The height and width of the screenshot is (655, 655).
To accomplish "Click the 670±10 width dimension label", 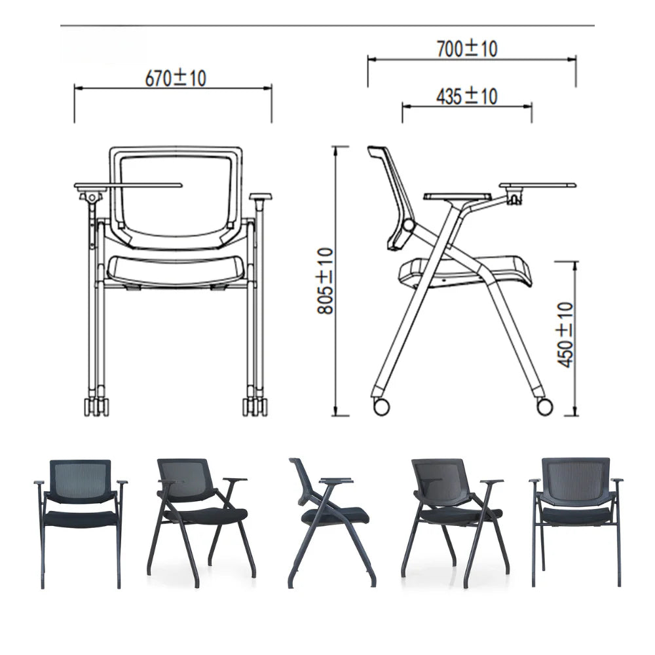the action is (176, 78).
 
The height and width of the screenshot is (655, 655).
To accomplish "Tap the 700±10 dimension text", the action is (467, 48).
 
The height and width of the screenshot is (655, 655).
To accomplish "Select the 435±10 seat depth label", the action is (467, 96).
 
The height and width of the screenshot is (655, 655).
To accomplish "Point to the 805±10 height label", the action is (326, 281).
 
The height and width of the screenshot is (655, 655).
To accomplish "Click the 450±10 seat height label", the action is (566, 335).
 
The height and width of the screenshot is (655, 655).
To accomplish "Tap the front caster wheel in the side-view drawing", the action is (544, 407).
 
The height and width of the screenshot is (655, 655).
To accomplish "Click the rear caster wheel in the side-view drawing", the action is (381, 407).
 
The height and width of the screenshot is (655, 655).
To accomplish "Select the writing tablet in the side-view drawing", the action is (538, 185).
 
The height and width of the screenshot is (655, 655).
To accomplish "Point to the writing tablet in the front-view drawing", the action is (128, 185).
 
